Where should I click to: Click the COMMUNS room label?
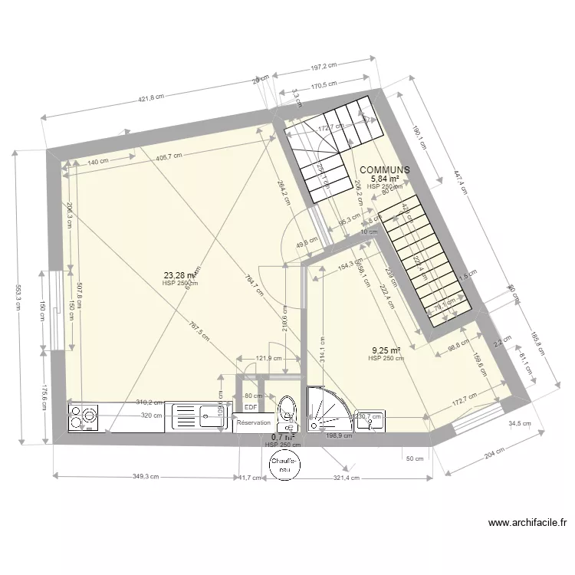(384, 169)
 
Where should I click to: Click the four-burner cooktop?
(84, 418)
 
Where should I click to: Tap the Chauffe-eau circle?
(284, 465)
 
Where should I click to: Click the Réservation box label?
(254, 422)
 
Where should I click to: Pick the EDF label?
(250, 407)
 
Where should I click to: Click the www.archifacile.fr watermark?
(527, 524)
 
